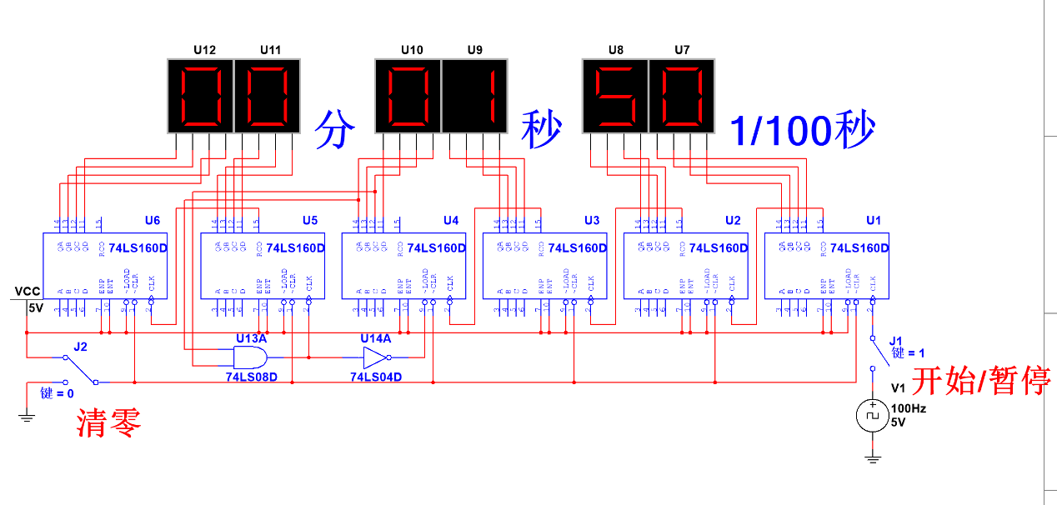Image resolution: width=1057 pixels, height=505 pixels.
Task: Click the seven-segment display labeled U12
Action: pos(201,96)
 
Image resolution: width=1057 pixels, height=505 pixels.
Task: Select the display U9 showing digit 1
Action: pos(474,96)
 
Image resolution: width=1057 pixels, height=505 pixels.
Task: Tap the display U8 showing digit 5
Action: pos(615,96)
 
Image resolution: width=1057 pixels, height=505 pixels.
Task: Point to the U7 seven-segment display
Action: pos(682,96)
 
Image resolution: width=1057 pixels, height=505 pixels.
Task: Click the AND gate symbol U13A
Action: pos(249,358)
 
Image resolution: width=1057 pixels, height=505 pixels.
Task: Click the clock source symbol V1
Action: pos(872,414)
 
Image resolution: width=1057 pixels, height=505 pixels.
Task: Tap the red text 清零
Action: pos(109,423)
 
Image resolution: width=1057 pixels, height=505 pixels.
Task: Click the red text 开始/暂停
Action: pos(980,381)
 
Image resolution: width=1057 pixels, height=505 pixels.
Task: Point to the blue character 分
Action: pos(335,130)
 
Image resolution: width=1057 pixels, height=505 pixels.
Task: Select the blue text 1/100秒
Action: pos(802,130)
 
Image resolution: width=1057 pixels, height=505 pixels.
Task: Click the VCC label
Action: pos(27,292)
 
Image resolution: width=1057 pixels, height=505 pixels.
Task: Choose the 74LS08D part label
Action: pos(251,377)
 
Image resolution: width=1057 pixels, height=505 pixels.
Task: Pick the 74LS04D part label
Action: pos(376,377)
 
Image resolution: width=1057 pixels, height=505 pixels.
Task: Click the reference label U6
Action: pos(152,220)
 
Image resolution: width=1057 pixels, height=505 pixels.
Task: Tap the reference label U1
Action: pos(873,220)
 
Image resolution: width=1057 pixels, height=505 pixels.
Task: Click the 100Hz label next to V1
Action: pos(909,409)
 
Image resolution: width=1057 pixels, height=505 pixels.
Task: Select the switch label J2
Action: pos(80,346)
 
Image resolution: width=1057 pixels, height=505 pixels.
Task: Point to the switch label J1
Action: pos(895,341)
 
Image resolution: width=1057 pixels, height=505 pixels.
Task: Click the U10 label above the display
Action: pos(412,50)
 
